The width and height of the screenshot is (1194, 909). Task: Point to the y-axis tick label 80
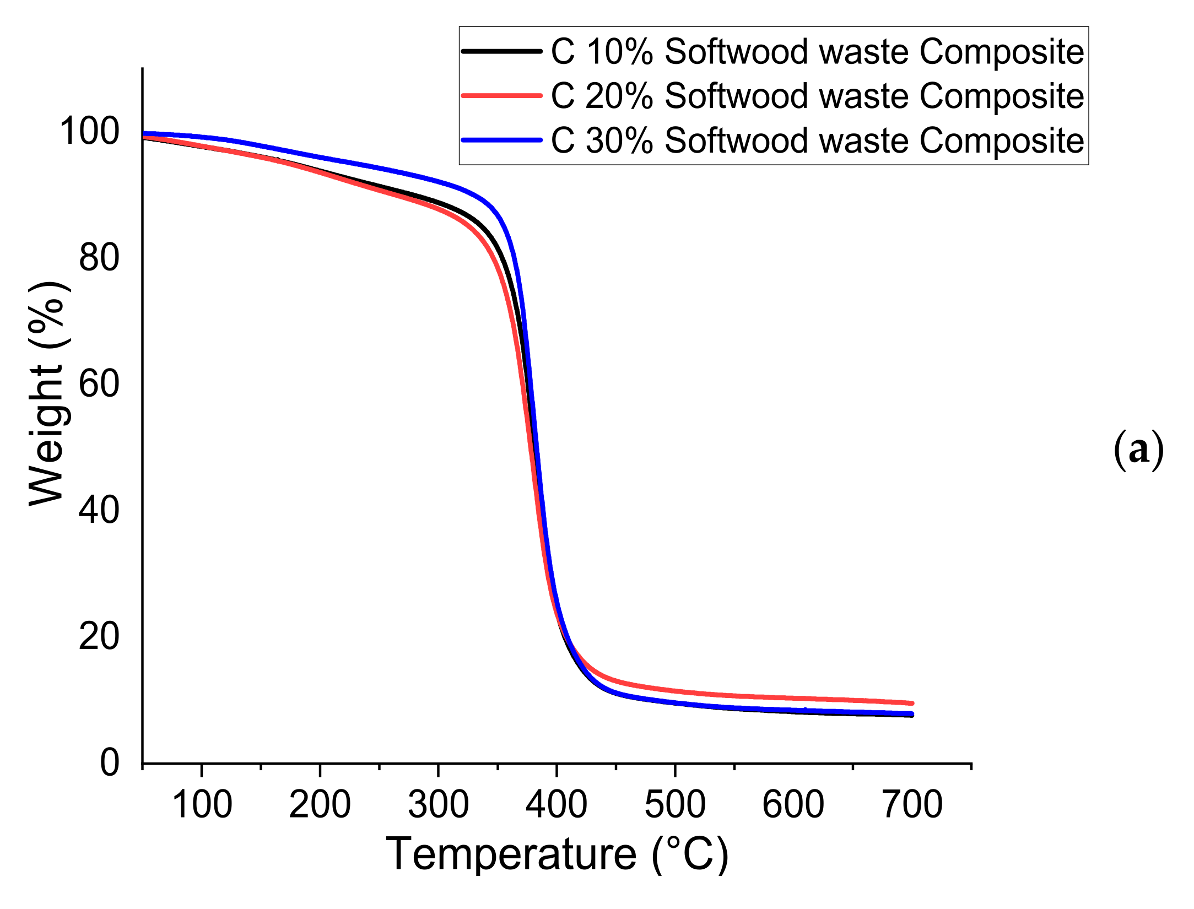pyautogui.click(x=99, y=257)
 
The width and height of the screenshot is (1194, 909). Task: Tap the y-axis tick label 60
pyautogui.click(x=99, y=383)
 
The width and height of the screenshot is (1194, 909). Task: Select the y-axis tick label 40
pyautogui.click(x=99, y=510)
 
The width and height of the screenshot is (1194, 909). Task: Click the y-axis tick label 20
pyautogui.click(x=99, y=636)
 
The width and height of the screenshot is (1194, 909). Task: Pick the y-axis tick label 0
pyautogui.click(x=109, y=762)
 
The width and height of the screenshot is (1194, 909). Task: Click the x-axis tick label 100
pyautogui.click(x=202, y=805)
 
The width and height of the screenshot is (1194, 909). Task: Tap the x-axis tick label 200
pyautogui.click(x=320, y=805)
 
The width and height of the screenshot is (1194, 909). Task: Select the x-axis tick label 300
pyautogui.click(x=439, y=805)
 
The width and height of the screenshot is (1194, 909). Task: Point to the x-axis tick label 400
pyautogui.click(x=557, y=805)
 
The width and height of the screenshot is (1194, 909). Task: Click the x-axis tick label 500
pyautogui.click(x=675, y=805)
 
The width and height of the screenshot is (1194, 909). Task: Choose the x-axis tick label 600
pyautogui.click(x=793, y=805)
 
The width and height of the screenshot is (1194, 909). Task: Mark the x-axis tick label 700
pyautogui.click(x=912, y=805)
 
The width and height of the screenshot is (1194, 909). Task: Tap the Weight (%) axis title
pyautogui.click(x=48, y=393)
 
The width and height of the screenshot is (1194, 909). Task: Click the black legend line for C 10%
pyautogui.click(x=501, y=51)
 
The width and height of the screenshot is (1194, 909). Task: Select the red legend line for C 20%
pyautogui.click(x=501, y=95)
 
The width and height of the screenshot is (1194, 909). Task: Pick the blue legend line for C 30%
pyautogui.click(x=501, y=140)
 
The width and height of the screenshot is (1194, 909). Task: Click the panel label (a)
pyautogui.click(x=1138, y=450)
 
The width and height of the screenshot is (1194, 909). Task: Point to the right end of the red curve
pyautogui.click(x=912, y=703)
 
